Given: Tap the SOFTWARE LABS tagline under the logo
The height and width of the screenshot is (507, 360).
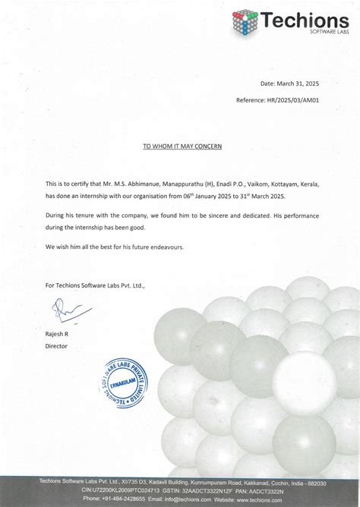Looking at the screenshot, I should click(308, 31).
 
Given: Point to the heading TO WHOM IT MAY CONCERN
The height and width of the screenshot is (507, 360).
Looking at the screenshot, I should click(182, 146).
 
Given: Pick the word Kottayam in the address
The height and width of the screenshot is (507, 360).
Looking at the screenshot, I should click(286, 184).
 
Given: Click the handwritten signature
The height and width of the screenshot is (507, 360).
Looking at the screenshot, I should click(68, 309).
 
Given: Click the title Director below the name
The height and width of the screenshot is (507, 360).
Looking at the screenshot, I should click(56, 346).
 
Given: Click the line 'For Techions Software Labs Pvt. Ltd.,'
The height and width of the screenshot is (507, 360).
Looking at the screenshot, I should click(94, 285).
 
